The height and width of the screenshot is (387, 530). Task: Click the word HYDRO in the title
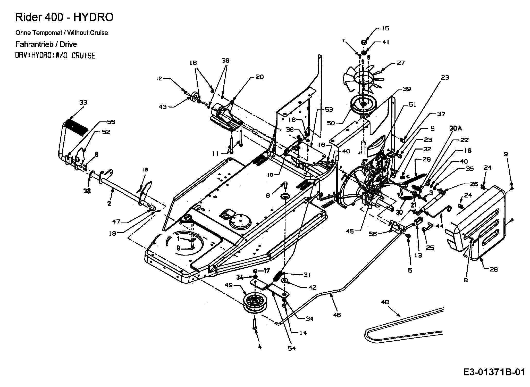click(94, 17)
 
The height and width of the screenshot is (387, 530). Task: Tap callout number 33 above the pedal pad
click(83, 103)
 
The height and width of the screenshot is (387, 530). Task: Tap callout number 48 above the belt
click(385, 302)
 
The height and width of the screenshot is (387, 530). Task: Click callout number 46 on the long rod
click(337, 315)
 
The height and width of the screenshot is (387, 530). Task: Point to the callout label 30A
click(455, 128)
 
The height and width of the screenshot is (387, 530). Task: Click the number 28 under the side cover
click(493, 269)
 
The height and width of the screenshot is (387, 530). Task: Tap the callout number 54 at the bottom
click(291, 348)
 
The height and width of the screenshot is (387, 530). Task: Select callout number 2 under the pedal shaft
click(109, 204)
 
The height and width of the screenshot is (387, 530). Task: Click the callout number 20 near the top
click(260, 77)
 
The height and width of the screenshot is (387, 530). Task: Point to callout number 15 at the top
click(385, 28)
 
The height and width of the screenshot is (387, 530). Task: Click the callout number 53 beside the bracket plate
click(329, 110)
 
